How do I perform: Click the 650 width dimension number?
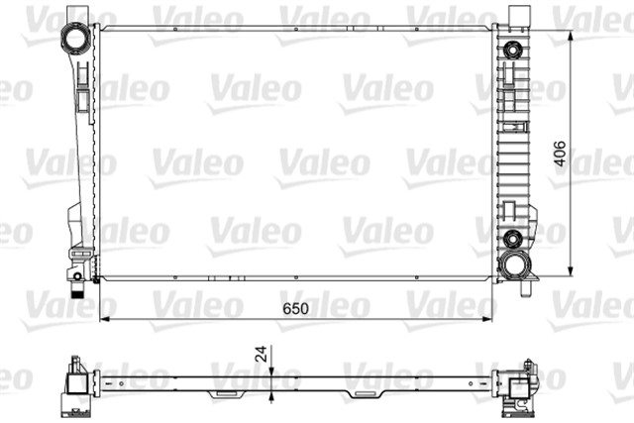coord(295,309)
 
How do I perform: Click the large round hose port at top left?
coord(73,40)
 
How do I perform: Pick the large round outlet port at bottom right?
coord(513,264)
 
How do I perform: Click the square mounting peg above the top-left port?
coord(71,13)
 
